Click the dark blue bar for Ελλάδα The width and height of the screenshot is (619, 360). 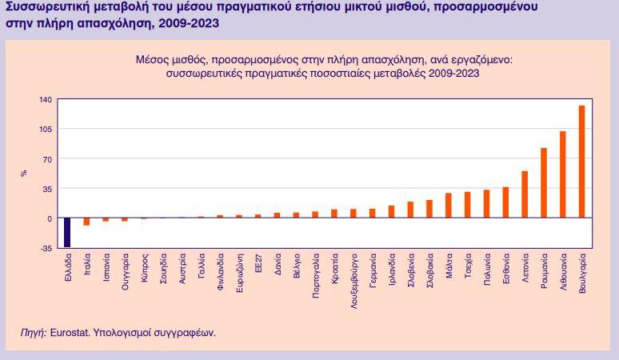67,232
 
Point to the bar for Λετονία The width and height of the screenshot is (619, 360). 525,194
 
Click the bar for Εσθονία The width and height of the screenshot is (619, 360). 505,202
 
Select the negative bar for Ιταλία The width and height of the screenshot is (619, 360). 86,222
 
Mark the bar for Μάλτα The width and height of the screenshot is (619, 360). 448,206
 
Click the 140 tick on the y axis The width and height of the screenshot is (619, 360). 45,99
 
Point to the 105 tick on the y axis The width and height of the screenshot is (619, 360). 45,129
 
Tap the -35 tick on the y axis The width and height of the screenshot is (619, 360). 46,248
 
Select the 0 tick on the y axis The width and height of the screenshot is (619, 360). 49,218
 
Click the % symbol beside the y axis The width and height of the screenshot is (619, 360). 25,173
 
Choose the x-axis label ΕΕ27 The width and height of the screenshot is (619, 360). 258,266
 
